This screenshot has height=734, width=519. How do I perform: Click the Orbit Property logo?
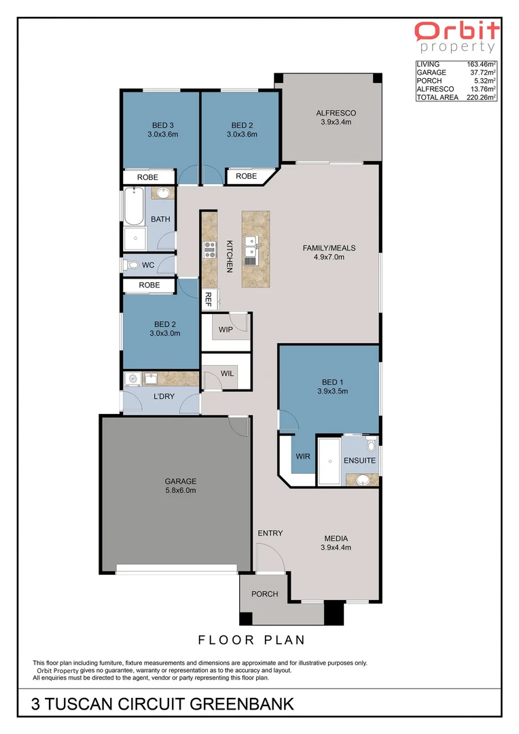click(457, 36)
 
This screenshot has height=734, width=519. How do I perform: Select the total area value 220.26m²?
click(482, 97)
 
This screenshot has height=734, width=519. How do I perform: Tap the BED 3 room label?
click(162, 129)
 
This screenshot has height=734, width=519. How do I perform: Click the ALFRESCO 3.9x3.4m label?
click(336, 117)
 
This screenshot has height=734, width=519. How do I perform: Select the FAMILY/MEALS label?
click(329, 252)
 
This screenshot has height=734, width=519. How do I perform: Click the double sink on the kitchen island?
click(251, 241)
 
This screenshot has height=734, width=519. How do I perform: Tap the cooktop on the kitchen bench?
click(209, 250)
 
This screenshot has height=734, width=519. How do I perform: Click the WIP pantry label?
click(226, 330)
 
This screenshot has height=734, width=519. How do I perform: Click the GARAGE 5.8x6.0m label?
click(180, 485)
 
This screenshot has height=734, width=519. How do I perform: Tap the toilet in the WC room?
click(132, 264)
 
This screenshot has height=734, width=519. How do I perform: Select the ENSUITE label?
click(359, 460)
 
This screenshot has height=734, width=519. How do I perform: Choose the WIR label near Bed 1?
click(303, 456)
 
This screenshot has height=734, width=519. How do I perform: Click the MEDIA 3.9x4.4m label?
click(337, 542)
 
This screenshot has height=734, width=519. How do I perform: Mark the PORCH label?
click(264, 593)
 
